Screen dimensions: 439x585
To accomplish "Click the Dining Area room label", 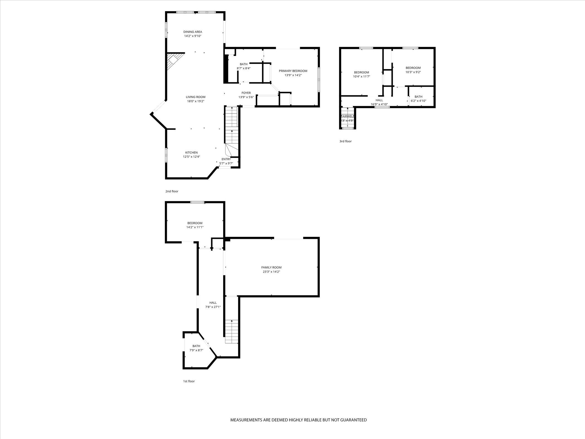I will click(x=192, y=32).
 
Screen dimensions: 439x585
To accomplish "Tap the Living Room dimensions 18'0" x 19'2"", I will click(x=196, y=101).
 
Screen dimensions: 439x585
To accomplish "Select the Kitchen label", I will click(x=191, y=152).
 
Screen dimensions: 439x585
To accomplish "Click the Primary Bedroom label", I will click(x=293, y=71).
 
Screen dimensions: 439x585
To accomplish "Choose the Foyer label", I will click(x=246, y=93).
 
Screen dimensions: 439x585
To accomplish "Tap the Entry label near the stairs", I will click(x=226, y=159).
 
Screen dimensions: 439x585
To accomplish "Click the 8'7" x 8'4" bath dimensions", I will click(x=243, y=68).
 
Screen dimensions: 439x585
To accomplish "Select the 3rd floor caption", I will click(x=345, y=141).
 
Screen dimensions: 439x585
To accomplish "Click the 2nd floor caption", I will click(x=172, y=191).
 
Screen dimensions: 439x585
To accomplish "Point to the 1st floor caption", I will click(x=189, y=381).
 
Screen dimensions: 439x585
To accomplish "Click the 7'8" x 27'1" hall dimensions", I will click(x=213, y=307).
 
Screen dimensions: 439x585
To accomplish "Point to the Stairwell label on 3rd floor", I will click(x=347, y=116).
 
